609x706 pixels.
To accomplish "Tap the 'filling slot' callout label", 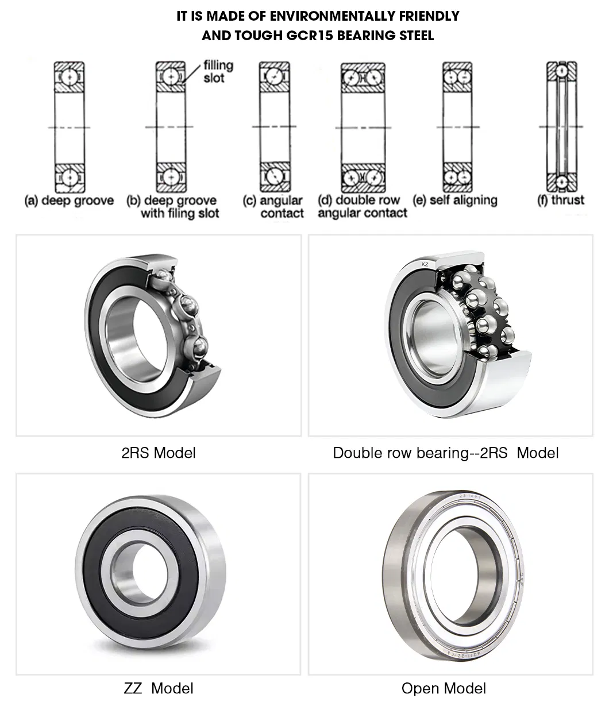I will coord(218,71).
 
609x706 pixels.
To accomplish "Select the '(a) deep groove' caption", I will coord(69,201).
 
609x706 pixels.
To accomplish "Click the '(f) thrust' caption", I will coord(560,200).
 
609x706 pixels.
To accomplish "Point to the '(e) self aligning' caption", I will coord(455,200).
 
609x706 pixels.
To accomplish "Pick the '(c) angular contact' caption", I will coord(281,207).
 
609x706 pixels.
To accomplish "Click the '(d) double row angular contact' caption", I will coord(362,207).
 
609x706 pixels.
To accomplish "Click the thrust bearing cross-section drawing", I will coord(561,126).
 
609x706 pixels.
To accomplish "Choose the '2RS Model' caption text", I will coord(158,453).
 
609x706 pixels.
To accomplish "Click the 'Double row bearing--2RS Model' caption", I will coord(445,453).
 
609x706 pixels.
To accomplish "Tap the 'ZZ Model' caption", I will coord(158,688).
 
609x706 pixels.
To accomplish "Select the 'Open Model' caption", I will coord(444,688).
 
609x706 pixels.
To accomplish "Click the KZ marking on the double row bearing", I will coord(425,264).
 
